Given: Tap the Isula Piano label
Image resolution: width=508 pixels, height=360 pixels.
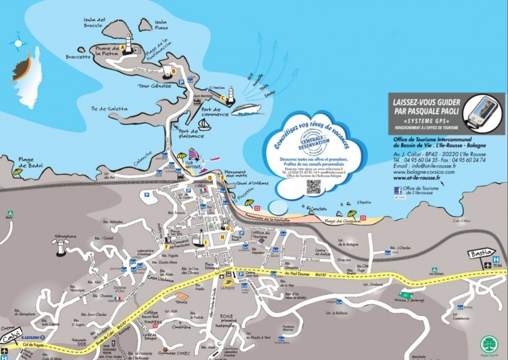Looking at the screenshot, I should (162, 26).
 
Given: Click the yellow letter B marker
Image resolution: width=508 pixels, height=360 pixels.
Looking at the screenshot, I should (173, 70).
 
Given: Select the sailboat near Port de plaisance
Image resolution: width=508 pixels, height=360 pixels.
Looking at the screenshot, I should (204, 126).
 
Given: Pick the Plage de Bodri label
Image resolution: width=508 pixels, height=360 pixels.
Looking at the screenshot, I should (31, 163).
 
